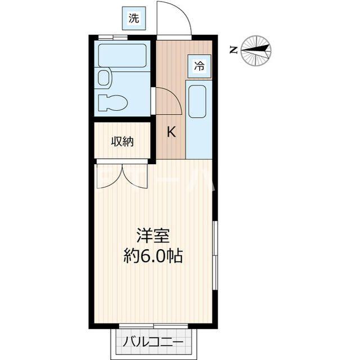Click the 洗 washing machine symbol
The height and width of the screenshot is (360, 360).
click(x=133, y=17)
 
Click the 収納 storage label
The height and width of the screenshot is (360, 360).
click(x=122, y=142)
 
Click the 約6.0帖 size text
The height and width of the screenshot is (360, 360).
click(x=152, y=257)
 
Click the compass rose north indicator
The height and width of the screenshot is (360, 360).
click(x=256, y=49)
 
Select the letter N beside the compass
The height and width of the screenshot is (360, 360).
click(x=233, y=50)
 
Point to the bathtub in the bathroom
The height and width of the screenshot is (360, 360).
click(x=123, y=56)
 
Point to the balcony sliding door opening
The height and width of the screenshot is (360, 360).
click(x=152, y=327)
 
